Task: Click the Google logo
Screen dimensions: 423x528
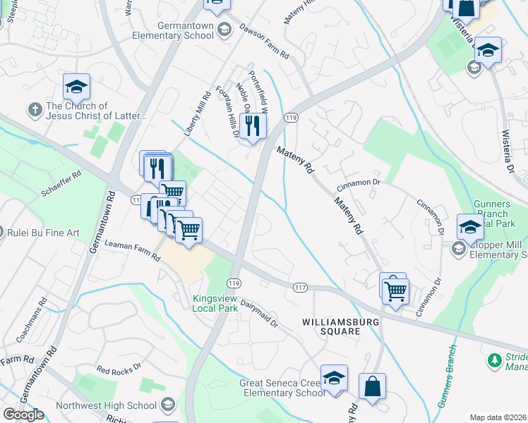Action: (x=23, y=414)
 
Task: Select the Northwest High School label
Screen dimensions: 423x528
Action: (x=112, y=405)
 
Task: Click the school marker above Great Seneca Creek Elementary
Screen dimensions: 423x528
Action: (x=334, y=378)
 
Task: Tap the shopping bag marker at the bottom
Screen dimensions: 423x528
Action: (x=372, y=387)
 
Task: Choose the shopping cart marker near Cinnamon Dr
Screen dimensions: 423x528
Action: (x=395, y=290)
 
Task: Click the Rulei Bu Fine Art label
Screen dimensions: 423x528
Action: (x=43, y=233)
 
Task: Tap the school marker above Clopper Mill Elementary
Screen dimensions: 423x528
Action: (x=470, y=227)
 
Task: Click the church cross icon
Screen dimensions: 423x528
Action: (x=34, y=110)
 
